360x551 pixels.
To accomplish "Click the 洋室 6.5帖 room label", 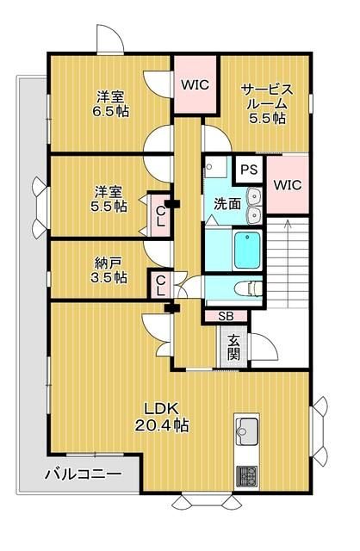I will pyautogui.click(x=109, y=103).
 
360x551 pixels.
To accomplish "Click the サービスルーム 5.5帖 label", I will pyautogui.click(x=267, y=103).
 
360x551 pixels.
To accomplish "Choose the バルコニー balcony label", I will pyautogui.click(x=82, y=474).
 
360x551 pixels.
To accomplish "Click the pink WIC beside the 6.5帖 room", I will pyautogui.click(x=192, y=84).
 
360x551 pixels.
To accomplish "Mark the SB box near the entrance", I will pyautogui.click(x=225, y=315).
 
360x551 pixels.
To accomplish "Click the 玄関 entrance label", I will pyautogui.click(x=233, y=348).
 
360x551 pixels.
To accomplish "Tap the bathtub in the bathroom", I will pyautogui.click(x=251, y=251).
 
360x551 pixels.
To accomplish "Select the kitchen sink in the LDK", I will pyautogui.click(x=249, y=430).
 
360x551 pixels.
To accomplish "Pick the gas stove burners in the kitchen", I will pyautogui.click(x=248, y=474).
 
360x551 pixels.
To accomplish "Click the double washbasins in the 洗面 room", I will pyautogui.click(x=253, y=204).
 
